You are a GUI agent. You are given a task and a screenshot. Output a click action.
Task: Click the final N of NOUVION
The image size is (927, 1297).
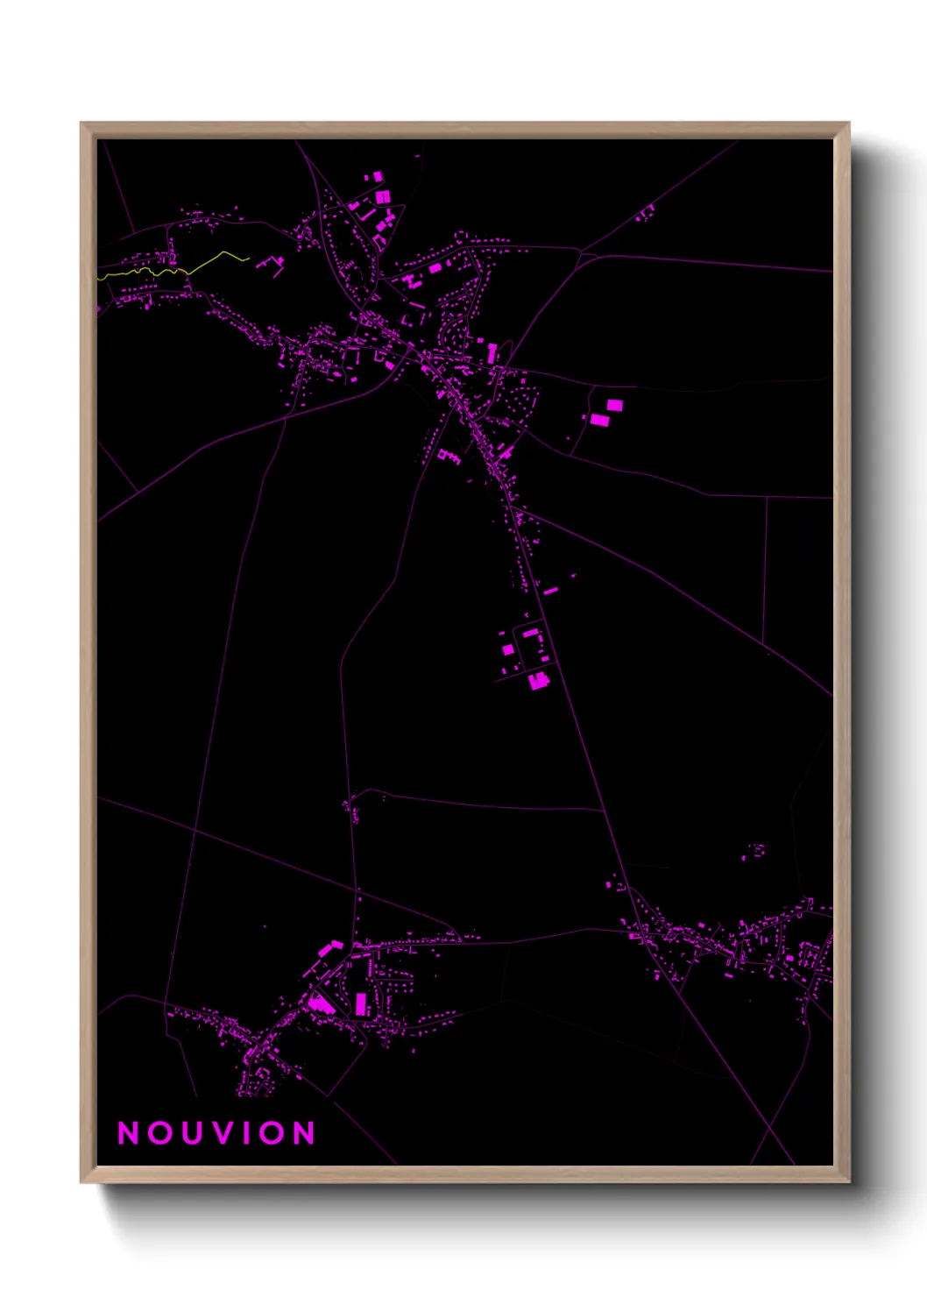304,1133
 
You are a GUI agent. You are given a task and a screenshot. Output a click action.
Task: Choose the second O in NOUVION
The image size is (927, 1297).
272,1133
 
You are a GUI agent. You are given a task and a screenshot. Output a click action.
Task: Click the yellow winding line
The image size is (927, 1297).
210,260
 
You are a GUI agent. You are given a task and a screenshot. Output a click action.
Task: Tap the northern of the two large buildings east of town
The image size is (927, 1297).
615,405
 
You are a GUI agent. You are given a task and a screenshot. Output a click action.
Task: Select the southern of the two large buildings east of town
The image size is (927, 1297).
599,420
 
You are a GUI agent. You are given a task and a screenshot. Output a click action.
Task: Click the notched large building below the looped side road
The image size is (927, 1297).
538,680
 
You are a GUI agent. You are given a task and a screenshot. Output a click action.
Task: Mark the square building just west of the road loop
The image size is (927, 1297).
507,649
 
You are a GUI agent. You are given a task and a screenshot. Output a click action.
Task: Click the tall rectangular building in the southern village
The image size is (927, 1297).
360,1003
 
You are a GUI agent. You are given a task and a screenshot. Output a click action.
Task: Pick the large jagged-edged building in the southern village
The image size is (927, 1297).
321,1002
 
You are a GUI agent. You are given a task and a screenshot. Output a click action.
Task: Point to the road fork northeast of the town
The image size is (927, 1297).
581,254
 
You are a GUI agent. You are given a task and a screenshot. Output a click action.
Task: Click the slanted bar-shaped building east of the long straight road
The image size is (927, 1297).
551,592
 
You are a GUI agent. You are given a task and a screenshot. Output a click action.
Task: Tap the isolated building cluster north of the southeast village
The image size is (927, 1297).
755,850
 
